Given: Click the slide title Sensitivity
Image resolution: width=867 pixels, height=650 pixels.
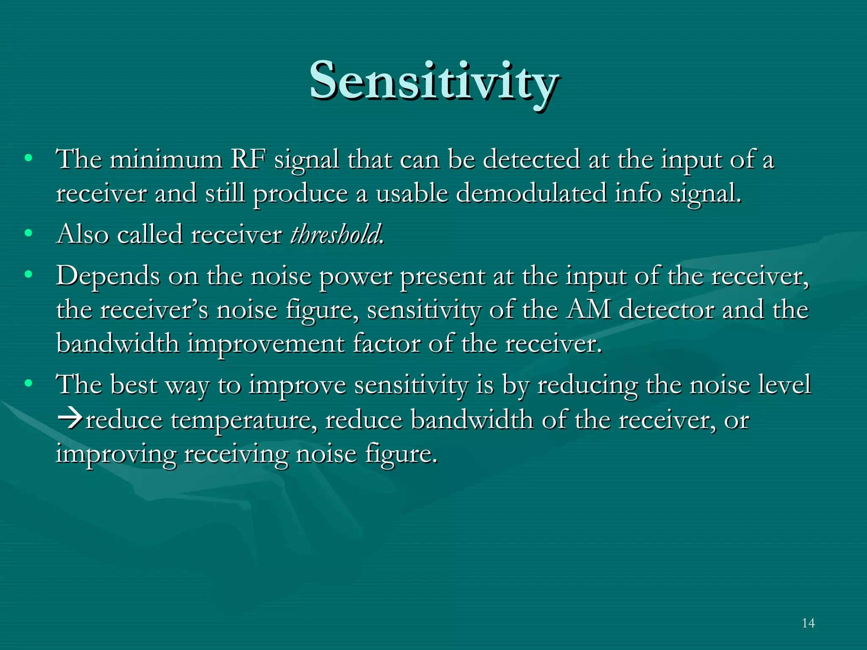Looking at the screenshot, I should [x=433, y=81].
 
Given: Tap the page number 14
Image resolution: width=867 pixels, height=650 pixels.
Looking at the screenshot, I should [x=808, y=623].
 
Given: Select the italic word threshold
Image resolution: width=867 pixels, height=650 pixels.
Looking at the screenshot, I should [x=337, y=234].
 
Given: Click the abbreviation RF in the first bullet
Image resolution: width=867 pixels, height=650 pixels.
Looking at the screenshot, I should [x=249, y=160].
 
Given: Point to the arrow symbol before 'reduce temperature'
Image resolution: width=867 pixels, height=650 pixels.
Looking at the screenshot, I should [x=70, y=420].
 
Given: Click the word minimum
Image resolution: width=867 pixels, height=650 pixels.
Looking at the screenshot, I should [x=166, y=160].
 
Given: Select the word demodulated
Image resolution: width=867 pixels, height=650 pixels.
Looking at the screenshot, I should [x=531, y=194].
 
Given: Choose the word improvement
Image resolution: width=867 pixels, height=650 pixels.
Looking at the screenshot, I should [x=265, y=343].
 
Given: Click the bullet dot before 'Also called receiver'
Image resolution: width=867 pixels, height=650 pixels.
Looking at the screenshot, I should [x=28, y=233].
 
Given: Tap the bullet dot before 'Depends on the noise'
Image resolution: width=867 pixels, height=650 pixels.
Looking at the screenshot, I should [x=28, y=275].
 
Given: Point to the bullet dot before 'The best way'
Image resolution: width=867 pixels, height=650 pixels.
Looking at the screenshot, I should [x=28, y=383].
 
